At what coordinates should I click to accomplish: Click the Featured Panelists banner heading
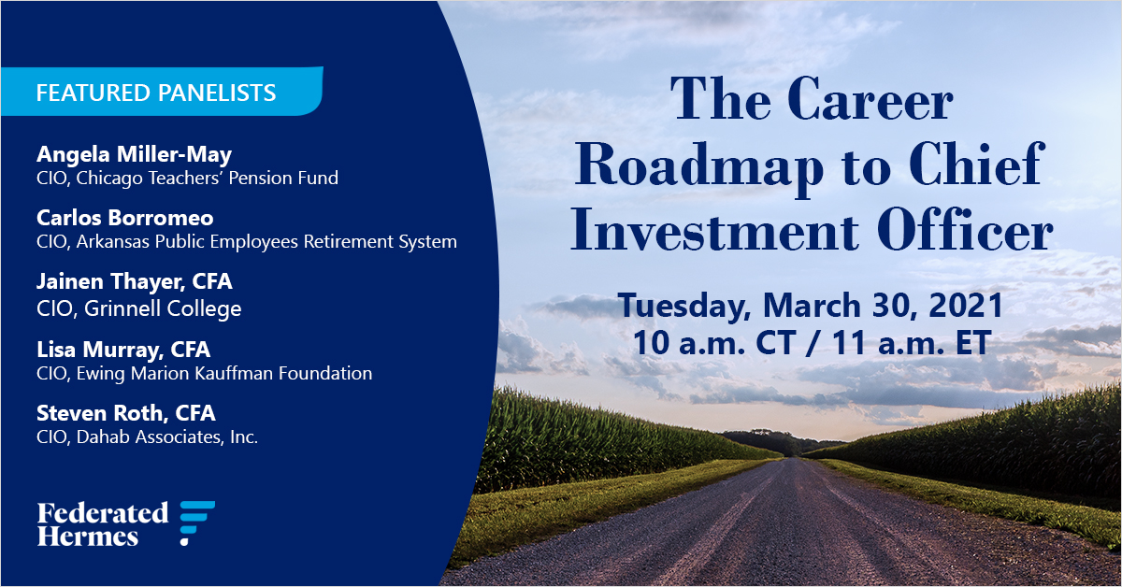point(155,93)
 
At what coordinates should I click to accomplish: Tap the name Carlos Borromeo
point(125,218)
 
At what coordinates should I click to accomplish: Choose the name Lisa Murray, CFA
point(123,350)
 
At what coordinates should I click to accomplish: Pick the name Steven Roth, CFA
point(126,412)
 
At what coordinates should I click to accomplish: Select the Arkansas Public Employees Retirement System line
point(247,241)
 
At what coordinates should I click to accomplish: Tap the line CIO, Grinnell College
point(138,308)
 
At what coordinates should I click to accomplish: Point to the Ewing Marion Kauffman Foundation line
point(204,373)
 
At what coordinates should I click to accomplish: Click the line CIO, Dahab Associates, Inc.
point(147,437)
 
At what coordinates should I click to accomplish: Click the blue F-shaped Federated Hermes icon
point(196,523)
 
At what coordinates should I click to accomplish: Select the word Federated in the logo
point(103,512)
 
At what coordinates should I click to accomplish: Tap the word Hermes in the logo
point(88,537)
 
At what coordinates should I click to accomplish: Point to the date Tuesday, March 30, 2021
point(810,306)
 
